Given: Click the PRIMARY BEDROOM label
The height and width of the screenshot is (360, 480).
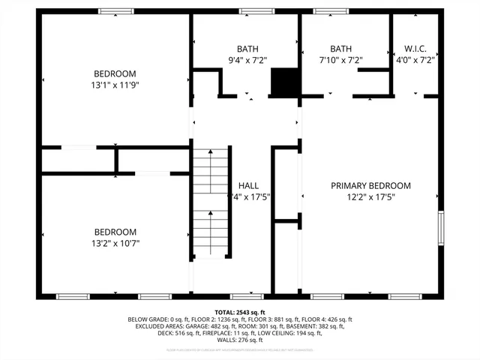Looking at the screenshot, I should (371, 185).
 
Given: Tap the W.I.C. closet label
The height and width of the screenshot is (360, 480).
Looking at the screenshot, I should (415, 46).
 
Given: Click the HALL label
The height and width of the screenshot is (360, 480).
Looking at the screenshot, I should (248, 185).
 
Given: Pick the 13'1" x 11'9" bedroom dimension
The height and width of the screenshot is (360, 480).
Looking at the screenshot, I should (115, 85).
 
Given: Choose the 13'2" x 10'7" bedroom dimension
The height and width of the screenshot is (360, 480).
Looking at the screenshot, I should (115, 243).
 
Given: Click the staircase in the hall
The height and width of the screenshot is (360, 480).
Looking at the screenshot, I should (211, 202).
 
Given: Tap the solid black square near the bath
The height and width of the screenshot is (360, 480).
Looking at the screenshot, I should (284, 82).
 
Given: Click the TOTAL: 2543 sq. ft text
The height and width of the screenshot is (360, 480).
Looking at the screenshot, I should (240, 312).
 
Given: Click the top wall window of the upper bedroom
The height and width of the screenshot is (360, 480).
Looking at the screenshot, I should (115, 11).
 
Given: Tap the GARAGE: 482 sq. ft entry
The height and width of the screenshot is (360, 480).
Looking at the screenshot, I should (205, 326).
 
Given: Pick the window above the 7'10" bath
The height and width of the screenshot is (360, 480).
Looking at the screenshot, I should (331, 11).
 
